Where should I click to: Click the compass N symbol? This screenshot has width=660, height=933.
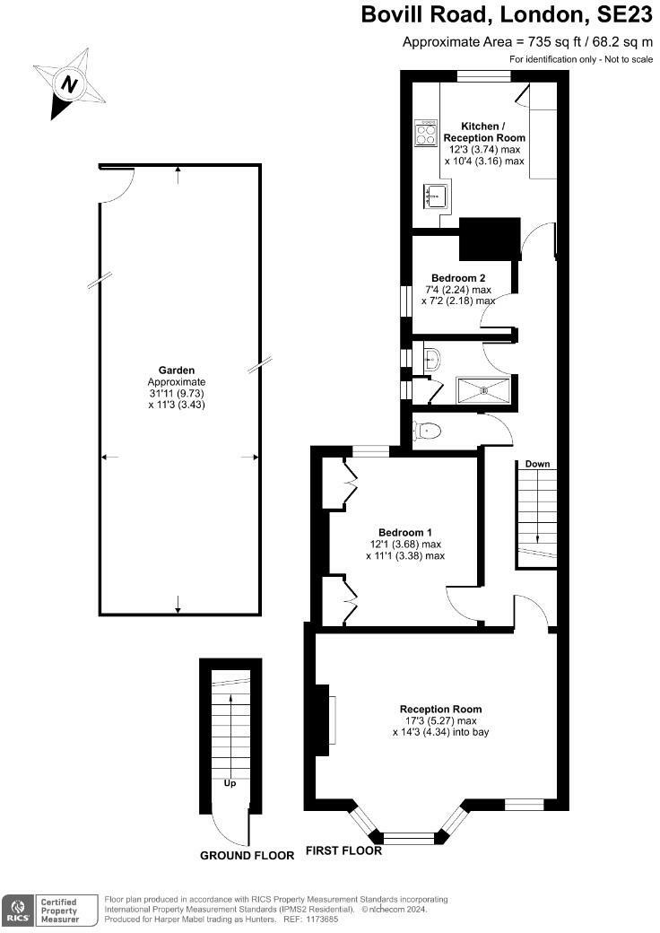[x=68, y=86]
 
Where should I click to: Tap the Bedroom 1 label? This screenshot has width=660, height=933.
[x=404, y=532]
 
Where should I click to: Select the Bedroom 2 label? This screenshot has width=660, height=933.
[x=458, y=278]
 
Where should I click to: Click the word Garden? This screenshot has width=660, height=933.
[x=177, y=370]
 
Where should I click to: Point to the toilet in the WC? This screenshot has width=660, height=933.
[x=426, y=431]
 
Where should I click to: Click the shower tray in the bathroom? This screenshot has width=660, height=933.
[x=485, y=390]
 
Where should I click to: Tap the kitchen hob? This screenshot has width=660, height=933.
[x=425, y=133]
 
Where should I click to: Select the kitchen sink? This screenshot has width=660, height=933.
[x=436, y=195]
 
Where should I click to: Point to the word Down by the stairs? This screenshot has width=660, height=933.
[x=537, y=464]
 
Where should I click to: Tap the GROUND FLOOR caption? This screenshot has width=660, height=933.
[x=247, y=856]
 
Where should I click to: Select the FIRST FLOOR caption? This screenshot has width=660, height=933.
[x=343, y=850]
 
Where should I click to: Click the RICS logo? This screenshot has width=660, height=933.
[x=15, y=910]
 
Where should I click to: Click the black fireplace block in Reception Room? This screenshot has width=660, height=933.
[x=320, y=720]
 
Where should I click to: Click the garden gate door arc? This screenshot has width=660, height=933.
[x=118, y=186]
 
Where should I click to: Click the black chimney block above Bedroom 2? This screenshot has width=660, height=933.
[x=490, y=239]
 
